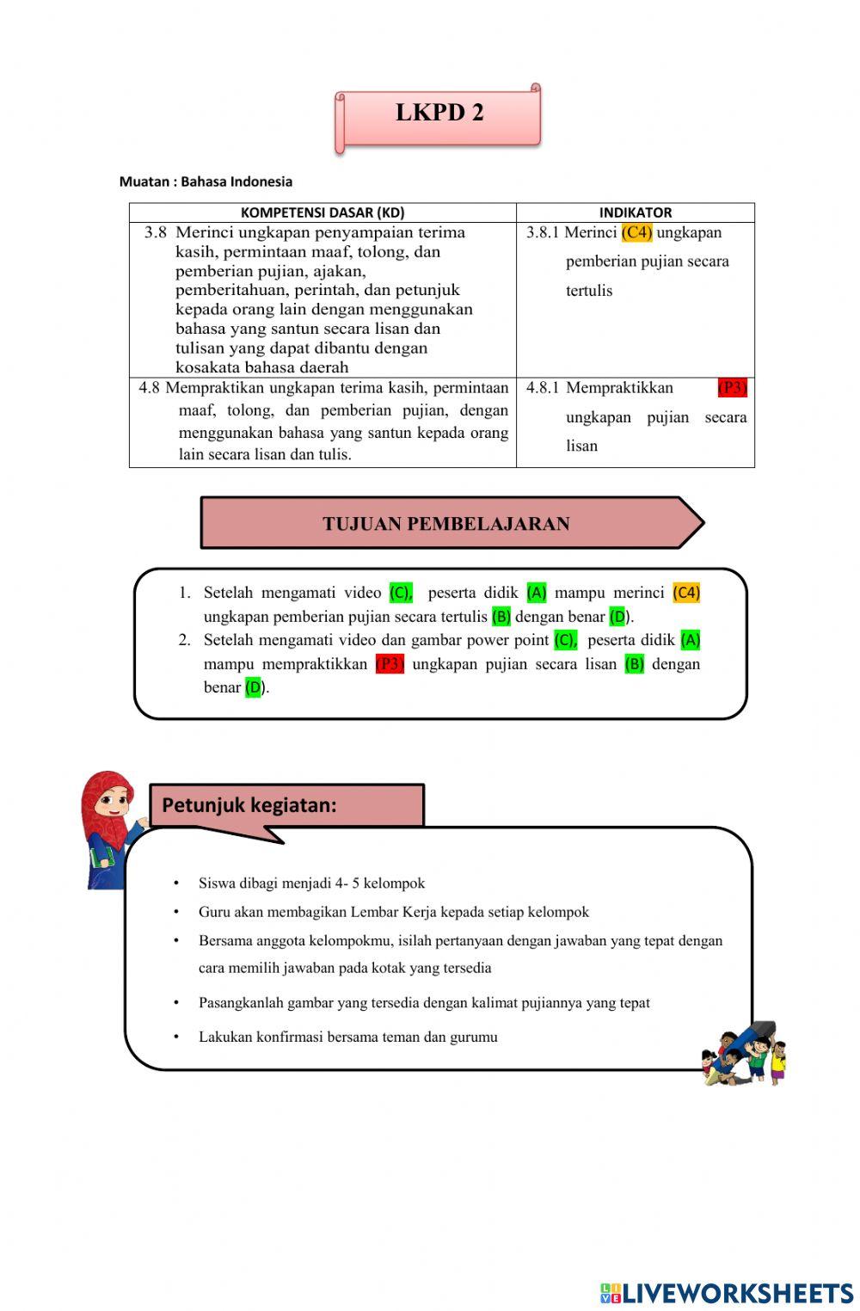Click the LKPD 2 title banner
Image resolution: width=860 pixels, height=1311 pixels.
439,114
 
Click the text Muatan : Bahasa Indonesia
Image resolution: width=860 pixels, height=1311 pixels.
206,182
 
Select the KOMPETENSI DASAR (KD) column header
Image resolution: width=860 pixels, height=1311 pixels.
322,212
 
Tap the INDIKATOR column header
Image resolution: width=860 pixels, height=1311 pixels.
636,212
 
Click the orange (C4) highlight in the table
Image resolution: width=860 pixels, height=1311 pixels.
637,232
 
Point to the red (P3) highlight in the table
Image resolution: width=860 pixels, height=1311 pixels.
732,388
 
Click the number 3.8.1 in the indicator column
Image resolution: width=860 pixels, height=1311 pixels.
543,232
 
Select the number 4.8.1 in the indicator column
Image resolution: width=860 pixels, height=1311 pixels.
543,388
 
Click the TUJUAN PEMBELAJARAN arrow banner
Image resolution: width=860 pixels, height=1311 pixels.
447,523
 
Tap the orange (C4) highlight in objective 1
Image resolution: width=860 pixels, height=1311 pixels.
686,593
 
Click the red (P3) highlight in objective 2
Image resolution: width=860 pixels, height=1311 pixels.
390,664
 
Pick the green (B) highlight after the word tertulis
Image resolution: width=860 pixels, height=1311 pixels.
501,617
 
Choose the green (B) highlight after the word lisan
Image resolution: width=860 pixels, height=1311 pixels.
635,664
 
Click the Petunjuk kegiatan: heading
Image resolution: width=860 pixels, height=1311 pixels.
249,805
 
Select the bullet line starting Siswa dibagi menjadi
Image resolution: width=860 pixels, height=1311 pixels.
311,883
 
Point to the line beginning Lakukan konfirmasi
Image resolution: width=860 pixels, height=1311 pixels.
347,1037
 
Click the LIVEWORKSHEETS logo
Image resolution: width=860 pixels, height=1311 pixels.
727,1293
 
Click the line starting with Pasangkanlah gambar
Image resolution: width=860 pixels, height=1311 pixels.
424,1002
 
